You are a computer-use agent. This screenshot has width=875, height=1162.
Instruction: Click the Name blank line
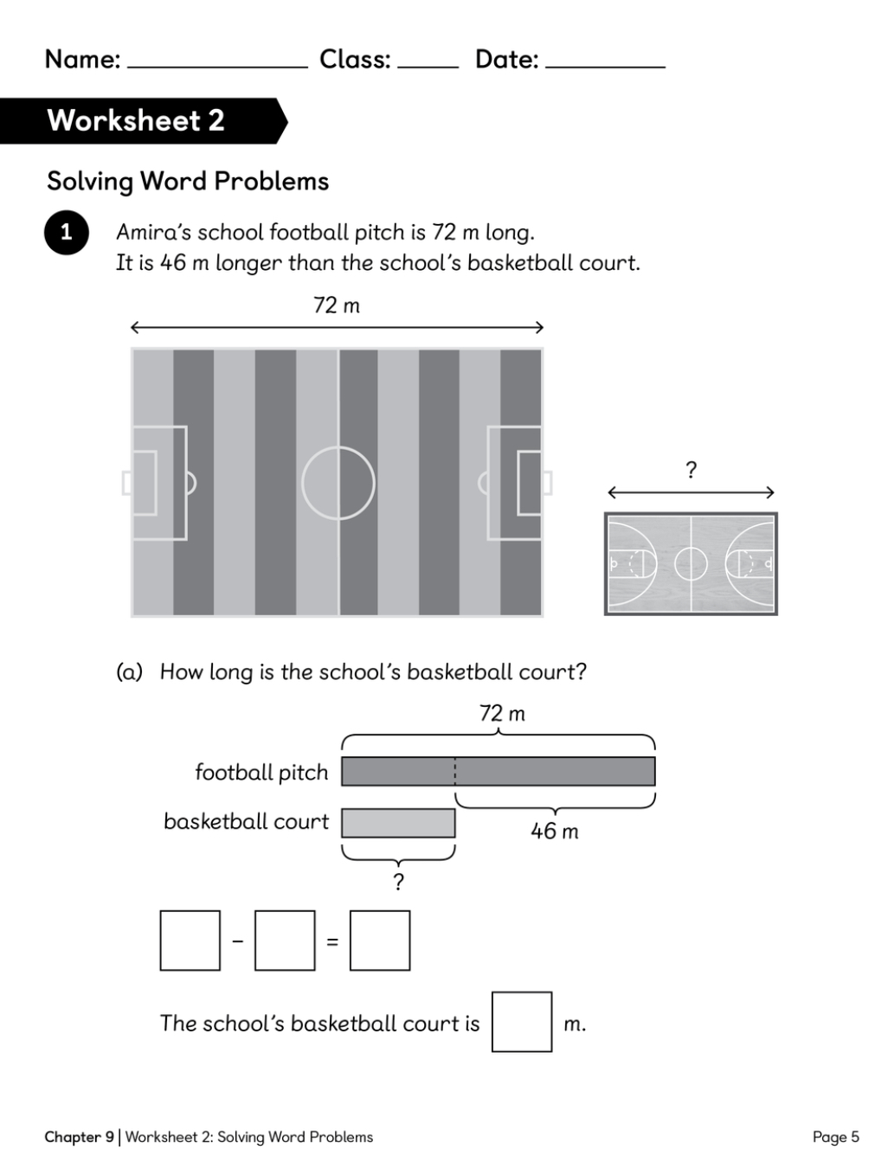tap(217, 67)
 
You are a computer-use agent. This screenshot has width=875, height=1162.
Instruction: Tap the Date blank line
tap(605, 67)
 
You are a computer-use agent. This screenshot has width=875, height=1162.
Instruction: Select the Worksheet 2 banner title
tap(136, 121)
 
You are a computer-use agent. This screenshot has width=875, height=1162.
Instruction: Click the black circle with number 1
tap(66, 233)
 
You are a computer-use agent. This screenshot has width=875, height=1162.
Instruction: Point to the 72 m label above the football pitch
tap(337, 305)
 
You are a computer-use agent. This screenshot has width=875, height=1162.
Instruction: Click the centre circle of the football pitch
tap(338, 483)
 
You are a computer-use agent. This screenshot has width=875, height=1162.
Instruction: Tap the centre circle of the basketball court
tap(691, 564)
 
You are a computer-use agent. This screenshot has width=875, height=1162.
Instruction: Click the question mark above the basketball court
tap(691, 470)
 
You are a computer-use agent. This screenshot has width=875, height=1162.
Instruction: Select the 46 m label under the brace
tap(554, 831)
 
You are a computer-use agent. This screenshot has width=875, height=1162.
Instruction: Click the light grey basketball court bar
tap(398, 823)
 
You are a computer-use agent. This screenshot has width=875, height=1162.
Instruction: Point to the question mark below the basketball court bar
tap(399, 882)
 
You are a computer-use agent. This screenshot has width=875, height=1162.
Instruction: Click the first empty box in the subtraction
tap(190, 941)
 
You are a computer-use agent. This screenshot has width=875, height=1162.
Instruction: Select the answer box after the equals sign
tap(380, 941)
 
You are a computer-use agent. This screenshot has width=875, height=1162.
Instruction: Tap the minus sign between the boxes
tap(238, 941)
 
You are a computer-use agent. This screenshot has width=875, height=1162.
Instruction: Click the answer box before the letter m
tap(521, 1022)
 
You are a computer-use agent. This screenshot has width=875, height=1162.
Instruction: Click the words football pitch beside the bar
tap(261, 773)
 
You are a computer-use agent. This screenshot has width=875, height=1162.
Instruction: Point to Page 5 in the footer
tap(836, 1137)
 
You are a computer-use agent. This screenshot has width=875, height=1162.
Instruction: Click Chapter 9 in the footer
tap(79, 1137)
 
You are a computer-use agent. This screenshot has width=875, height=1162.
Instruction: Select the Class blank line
tap(428, 67)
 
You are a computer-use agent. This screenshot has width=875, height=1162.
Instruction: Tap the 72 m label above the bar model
tap(502, 713)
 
